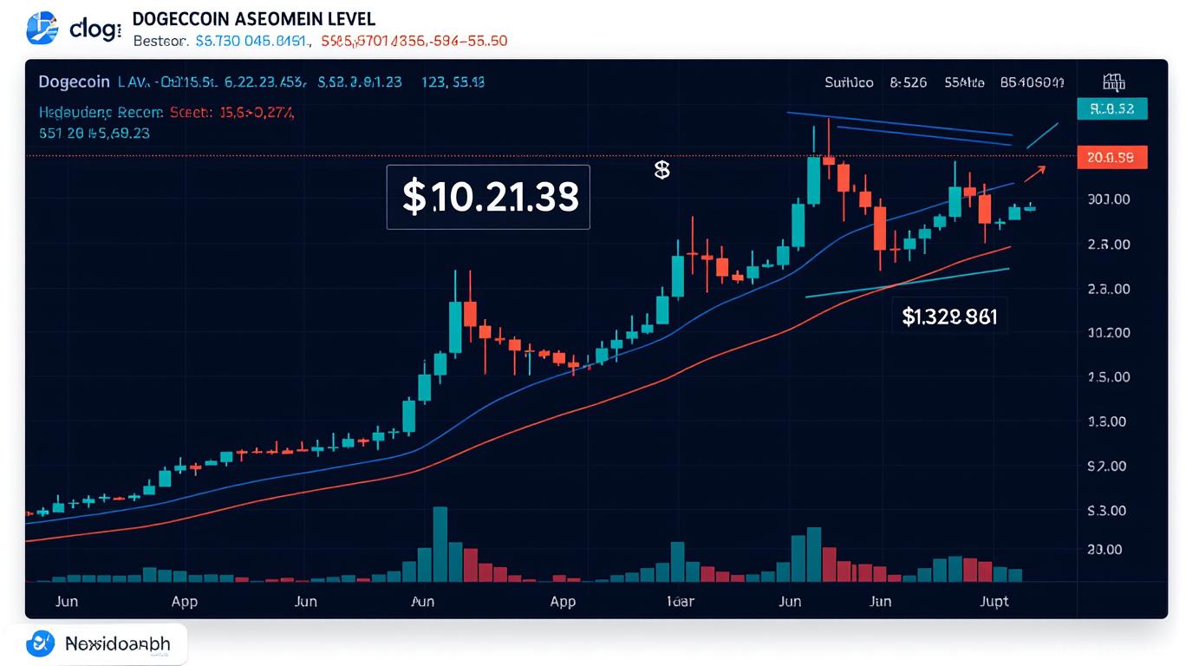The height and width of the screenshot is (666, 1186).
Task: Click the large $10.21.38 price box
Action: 488,197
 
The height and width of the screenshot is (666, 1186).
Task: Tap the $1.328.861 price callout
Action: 949,317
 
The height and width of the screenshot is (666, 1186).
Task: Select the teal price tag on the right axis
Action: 1111,108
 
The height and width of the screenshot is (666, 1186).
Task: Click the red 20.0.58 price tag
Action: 1111,157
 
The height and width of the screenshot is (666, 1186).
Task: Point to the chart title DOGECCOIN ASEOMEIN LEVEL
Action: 254,19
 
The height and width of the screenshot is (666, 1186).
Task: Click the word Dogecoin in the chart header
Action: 74,82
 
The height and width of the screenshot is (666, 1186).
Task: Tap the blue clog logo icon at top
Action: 42,29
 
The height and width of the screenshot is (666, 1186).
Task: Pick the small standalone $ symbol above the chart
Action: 661,170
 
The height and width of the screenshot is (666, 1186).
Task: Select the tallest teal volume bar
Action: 440,544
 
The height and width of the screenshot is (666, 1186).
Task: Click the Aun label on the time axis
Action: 422,601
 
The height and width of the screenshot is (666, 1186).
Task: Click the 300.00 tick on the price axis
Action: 1107,199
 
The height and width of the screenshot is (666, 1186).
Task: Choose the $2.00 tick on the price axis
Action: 1107,467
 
